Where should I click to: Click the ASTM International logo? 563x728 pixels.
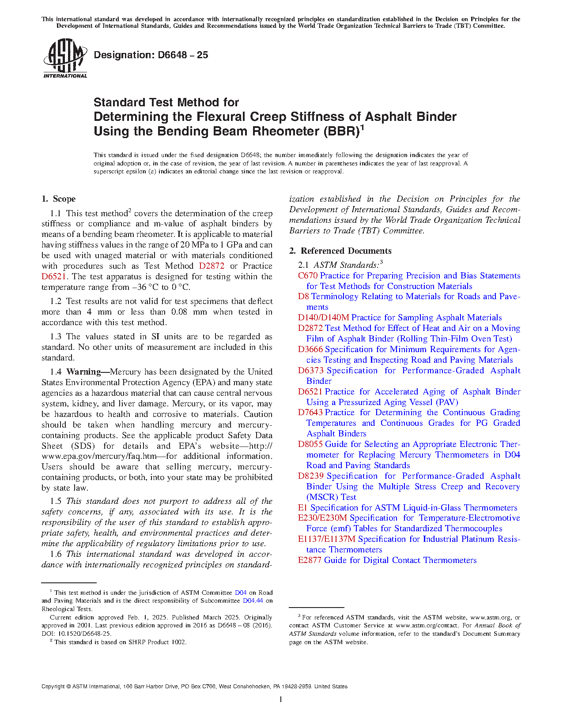(65, 58)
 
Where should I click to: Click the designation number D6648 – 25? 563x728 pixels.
(151, 55)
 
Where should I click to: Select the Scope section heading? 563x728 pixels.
(59, 199)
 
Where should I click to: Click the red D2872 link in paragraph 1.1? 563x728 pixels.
(212, 266)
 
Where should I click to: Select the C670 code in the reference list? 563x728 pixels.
(308, 276)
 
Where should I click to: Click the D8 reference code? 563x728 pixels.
(303, 296)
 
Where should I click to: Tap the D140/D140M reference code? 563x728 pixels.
(323, 318)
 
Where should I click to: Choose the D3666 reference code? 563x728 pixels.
(310, 349)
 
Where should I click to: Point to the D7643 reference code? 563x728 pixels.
(310, 413)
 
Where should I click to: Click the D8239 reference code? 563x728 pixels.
(311, 476)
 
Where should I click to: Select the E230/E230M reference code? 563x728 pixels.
(322, 518)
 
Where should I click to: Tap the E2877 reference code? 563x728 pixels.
(310, 560)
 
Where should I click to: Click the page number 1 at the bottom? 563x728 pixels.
(281, 699)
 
